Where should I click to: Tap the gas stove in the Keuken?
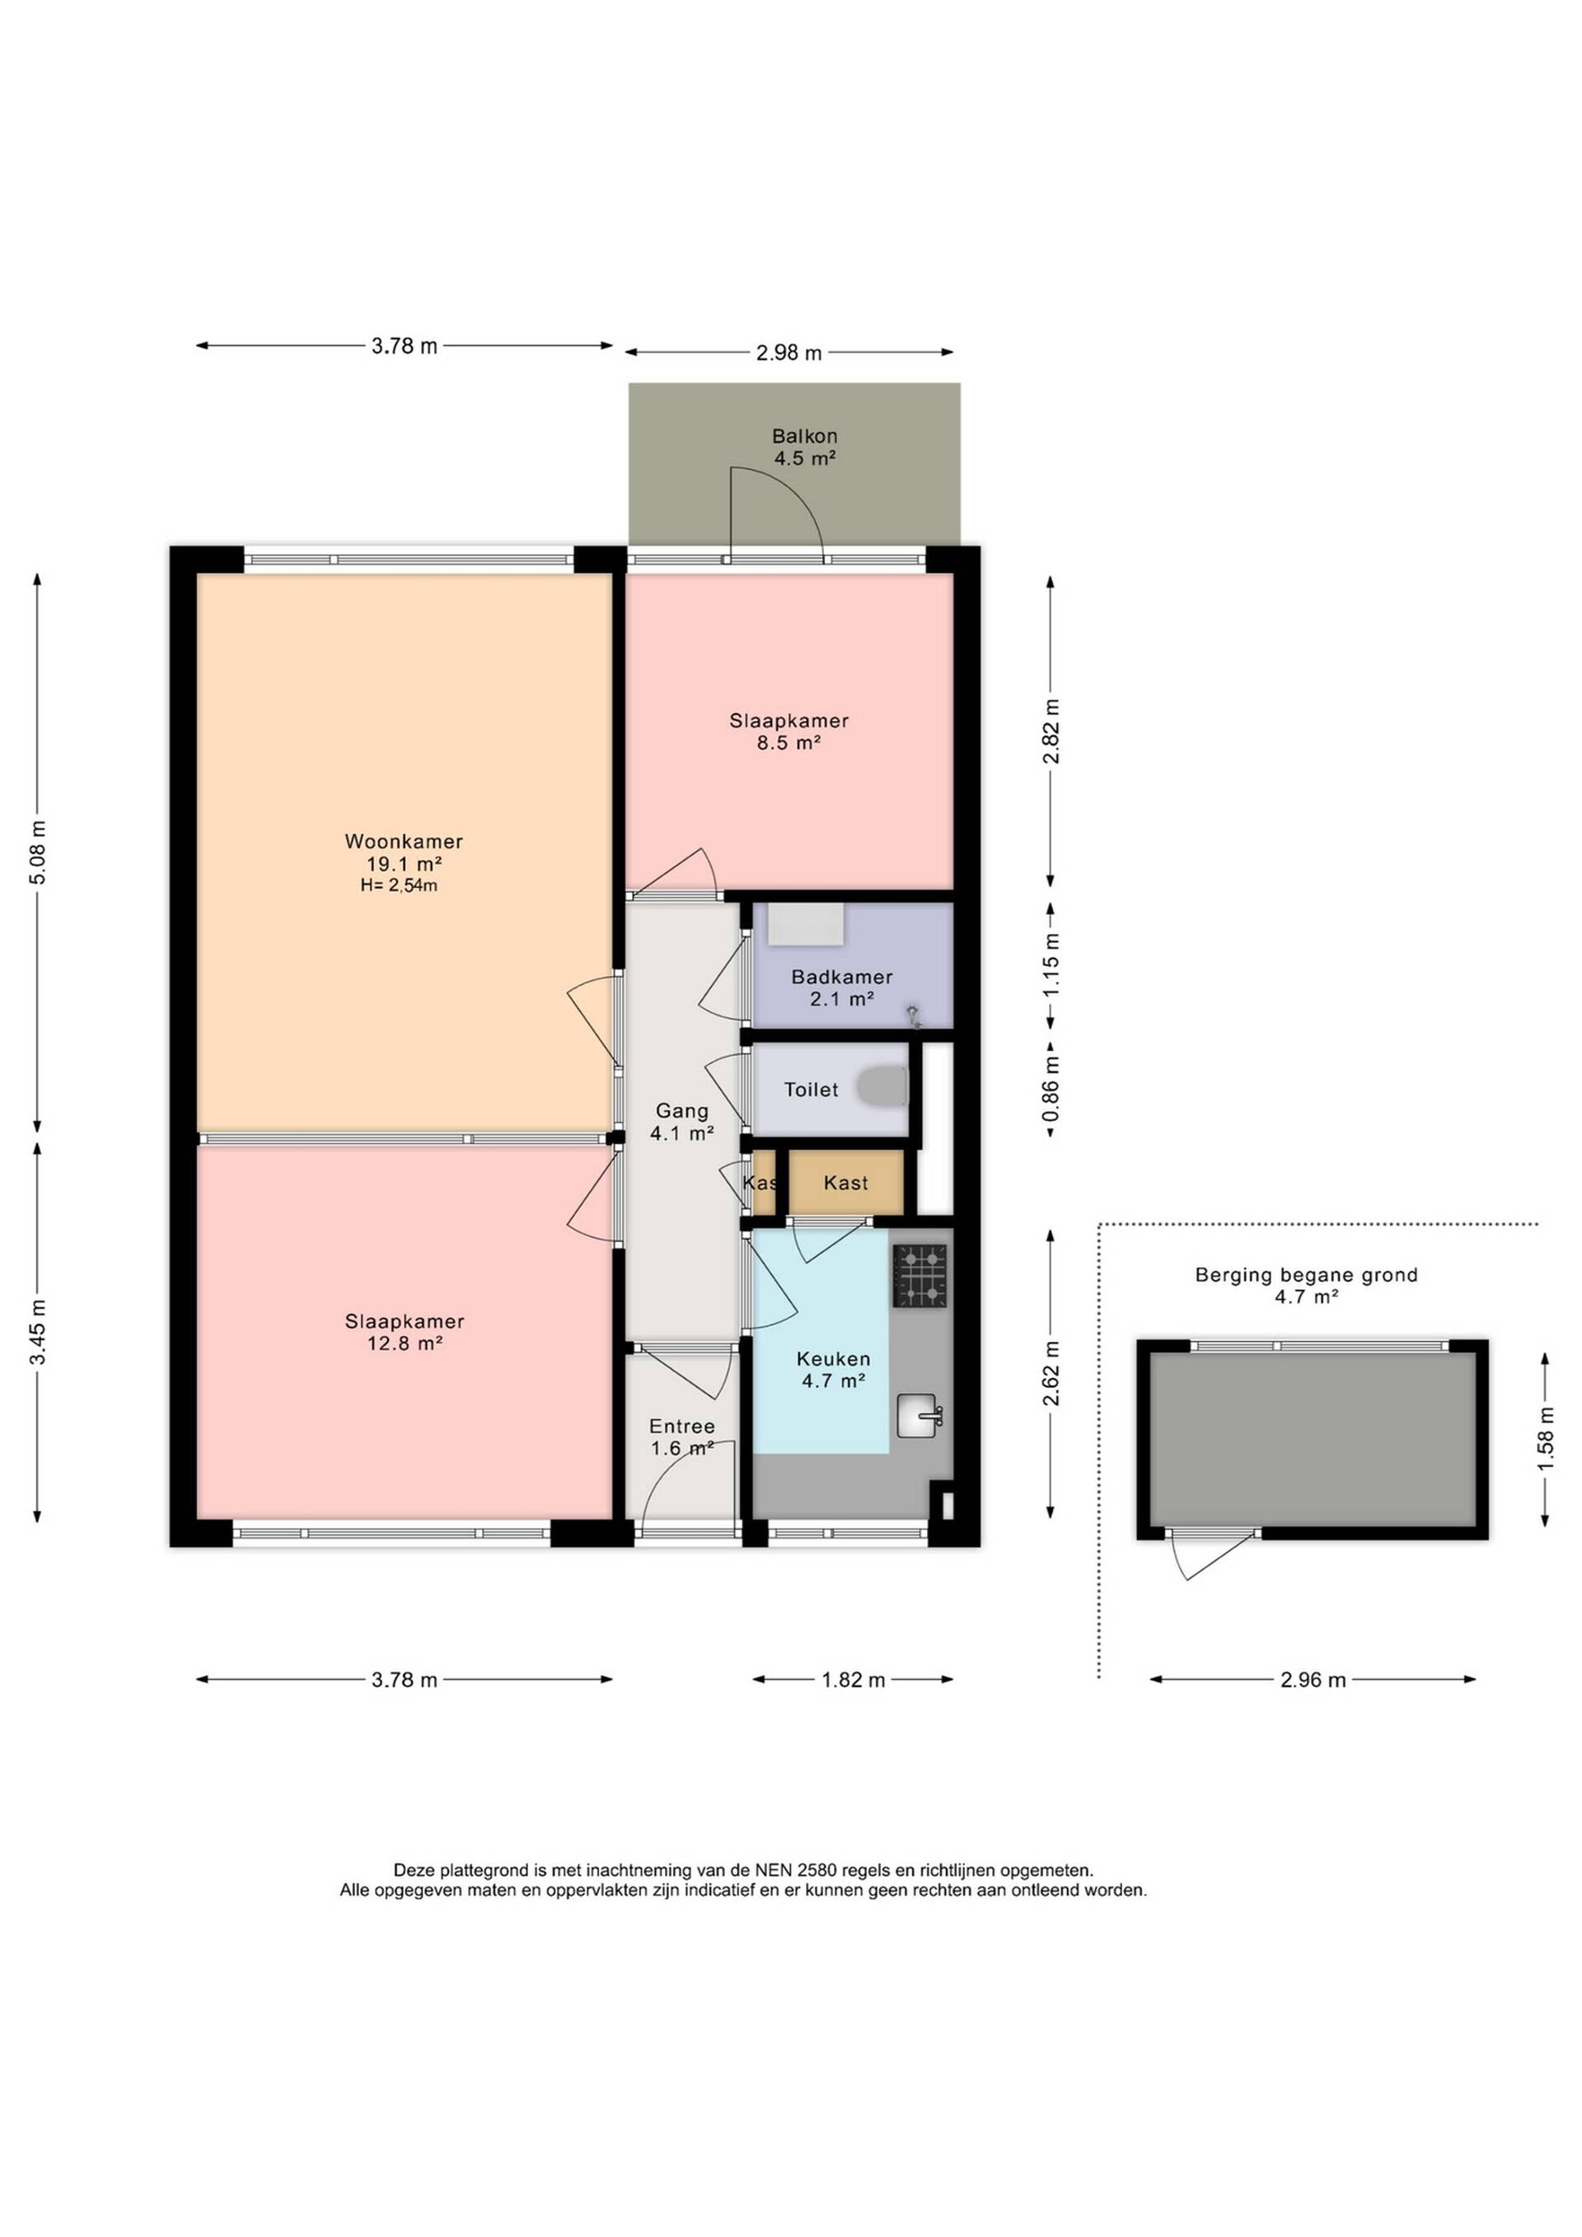coord(920,1275)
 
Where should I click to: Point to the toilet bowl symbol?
coord(882,1087)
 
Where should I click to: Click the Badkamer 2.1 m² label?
coord(841,987)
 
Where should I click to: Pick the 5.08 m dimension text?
coord(38,852)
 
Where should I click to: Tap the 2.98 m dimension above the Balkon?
coord(789,353)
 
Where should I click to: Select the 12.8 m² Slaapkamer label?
coord(405,1332)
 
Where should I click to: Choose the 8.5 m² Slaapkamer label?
coord(789,732)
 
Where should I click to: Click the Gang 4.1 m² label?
coord(682,1122)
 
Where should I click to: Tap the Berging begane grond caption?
coord(1306,1274)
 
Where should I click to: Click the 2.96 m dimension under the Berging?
coord(1313,1680)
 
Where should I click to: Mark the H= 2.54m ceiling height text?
coord(399,885)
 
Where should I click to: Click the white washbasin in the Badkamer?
coord(806,924)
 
